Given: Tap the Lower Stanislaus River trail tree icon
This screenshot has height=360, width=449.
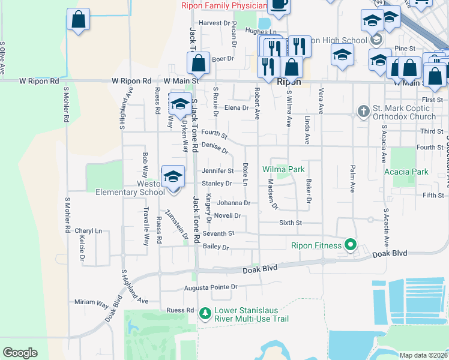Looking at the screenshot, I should point(205,313).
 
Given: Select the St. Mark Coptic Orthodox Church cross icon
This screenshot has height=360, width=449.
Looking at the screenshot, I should point(363,111).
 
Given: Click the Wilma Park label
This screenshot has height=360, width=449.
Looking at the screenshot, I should point(283,170).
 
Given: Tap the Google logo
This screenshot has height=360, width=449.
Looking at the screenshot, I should point(20,353).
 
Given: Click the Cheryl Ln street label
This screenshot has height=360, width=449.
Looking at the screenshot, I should point(88,231).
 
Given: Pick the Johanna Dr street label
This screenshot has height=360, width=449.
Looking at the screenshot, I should point(234,203).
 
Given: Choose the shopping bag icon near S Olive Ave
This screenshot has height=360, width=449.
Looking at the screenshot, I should point(78,20).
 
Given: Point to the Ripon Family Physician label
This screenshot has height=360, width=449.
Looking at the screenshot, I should point(224,6).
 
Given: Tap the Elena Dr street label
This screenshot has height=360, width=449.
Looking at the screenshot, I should point(237,108).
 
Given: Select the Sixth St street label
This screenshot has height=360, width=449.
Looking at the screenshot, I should point(290,223).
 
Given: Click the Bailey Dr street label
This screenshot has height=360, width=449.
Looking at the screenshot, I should point(217,247).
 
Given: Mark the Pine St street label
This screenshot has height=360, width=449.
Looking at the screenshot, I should point(405,48).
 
